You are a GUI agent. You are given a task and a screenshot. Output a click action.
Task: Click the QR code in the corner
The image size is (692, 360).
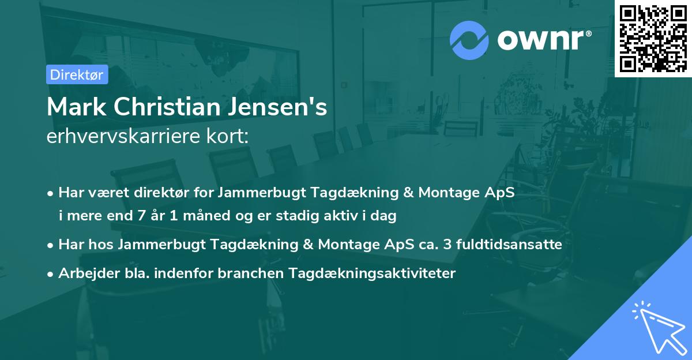pos(653,38)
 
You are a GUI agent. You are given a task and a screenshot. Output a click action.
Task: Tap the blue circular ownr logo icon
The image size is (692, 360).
pos(469,40)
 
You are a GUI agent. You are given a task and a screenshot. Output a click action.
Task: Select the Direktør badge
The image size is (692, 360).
pos(77,75)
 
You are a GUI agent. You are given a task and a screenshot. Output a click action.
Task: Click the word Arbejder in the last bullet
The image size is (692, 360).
pos(84,273)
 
